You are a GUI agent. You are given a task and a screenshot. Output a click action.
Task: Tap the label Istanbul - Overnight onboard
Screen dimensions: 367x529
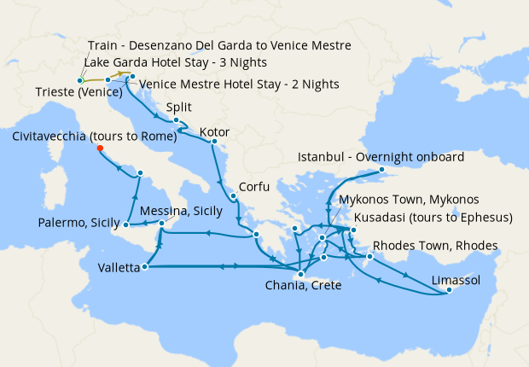381,158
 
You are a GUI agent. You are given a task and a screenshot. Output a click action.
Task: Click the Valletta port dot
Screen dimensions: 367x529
143,267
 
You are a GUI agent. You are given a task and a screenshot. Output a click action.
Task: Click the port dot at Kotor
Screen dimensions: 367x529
214,142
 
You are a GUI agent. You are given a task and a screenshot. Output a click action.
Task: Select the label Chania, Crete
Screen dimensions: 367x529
305,285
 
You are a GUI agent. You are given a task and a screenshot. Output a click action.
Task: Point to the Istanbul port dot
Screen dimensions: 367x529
382,171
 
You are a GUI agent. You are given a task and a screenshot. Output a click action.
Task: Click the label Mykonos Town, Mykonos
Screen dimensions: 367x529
402,199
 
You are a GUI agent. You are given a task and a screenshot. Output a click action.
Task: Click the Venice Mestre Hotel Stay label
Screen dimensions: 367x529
239,84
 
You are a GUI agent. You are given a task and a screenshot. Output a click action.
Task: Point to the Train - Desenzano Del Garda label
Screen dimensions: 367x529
219,45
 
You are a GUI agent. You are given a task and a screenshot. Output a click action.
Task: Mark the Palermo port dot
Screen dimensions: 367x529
125,225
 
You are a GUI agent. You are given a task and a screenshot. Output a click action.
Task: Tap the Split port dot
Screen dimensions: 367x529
175,120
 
